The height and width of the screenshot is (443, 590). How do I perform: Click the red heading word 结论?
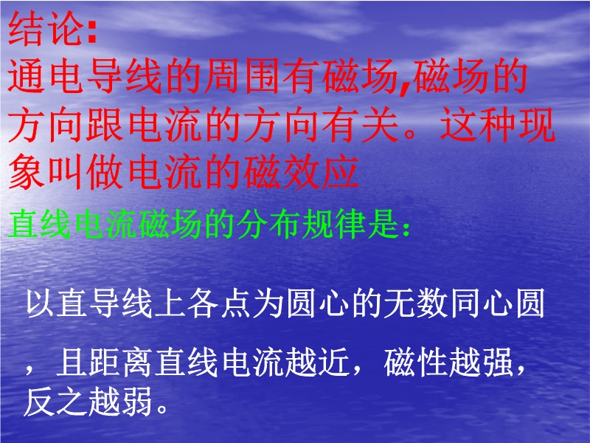(x=46, y=29)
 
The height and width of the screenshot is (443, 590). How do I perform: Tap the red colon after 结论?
(x=92, y=32)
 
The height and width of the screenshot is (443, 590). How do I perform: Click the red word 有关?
(x=360, y=125)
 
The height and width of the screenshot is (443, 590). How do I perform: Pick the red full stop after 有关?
(x=411, y=134)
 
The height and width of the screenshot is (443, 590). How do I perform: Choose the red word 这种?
(x=478, y=125)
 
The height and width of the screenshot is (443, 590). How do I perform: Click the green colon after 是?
(x=405, y=228)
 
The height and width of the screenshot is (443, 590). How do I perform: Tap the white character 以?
(x=40, y=303)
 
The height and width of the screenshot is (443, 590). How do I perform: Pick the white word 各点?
(x=219, y=303)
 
